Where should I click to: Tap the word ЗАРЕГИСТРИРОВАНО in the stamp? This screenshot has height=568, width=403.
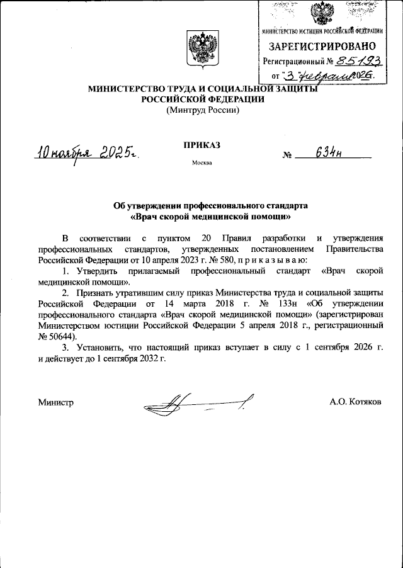pyautogui.click(x=323, y=47)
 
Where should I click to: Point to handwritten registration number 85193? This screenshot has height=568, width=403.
pyautogui.click(x=356, y=61)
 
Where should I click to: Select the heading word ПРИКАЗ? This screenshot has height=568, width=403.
pyautogui.click(x=202, y=144)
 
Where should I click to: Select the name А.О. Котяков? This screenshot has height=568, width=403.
pyautogui.click(x=355, y=402)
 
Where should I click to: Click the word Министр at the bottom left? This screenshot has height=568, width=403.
pyautogui.click(x=56, y=402)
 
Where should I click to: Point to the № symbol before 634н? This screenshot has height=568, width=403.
pyautogui.click(x=288, y=156)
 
